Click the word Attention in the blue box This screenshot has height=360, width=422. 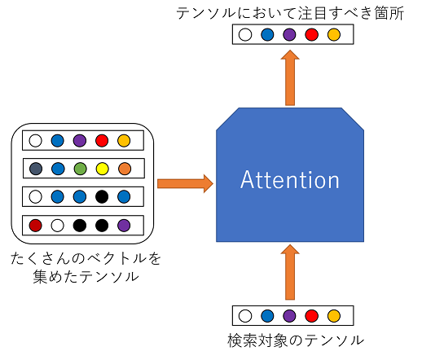[290, 179]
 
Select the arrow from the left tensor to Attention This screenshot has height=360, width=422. [185, 184]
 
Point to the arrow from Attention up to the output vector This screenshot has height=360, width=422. [290, 77]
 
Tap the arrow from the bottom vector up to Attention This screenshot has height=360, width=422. [290, 272]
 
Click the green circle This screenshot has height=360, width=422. [80, 169]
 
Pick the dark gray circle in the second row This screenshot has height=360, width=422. [36, 169]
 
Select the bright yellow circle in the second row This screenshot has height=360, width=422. [103, 169]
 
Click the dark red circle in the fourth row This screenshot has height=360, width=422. [35, 226]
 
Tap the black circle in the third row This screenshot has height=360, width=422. [102, 196]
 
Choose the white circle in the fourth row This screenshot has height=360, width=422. [57, 226]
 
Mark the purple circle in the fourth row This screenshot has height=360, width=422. [124, 226]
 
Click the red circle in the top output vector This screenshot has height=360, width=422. [311, 35]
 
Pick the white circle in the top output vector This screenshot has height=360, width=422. [245, 35]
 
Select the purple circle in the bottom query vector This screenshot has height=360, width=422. [289, 316]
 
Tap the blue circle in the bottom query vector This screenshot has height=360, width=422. [267, 316]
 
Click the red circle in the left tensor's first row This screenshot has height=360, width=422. [102, 141]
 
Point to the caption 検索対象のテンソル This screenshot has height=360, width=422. [296, 340]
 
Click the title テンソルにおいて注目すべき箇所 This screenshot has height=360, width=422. [290, 13]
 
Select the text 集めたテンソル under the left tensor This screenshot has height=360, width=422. [86, 277]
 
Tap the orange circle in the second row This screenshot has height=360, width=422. [125, 169]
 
